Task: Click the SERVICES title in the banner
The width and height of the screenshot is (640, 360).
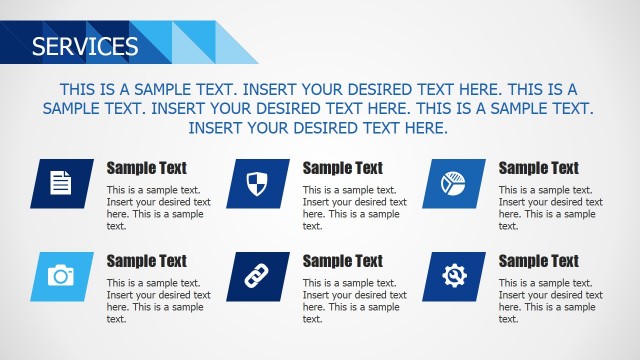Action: [x=85, y=46]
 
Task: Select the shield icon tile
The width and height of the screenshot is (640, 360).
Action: [x=258, y=183]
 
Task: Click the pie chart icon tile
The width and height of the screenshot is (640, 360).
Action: [x=454, y=183]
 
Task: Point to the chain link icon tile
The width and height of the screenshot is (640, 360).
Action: [x=258, y=275]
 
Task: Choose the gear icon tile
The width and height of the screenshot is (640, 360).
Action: [x=454, y=275]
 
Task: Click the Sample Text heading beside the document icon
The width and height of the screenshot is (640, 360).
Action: [x=146, y=168]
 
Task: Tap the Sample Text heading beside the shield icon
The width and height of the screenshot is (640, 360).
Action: [x=342, y=168]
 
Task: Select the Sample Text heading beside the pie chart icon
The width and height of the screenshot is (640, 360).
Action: [x=538, y=168]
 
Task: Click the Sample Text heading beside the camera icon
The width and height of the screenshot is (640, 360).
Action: [x=146, y=261]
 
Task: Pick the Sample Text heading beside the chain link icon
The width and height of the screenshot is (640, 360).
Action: [x=342, y=261]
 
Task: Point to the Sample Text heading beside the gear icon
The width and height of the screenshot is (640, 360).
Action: [x=538, y=261]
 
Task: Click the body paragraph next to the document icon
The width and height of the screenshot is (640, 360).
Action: [x=158, y=208]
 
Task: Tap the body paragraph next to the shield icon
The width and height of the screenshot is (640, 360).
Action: [x=354, y=208]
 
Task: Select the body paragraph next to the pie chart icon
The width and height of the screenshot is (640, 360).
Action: [x=550, y=208]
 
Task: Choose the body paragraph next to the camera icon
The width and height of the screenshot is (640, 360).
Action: [x=158, y=301]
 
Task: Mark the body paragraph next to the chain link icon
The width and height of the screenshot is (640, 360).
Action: [x=354, y=301]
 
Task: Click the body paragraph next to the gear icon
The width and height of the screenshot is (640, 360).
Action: [x=550, y=301]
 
